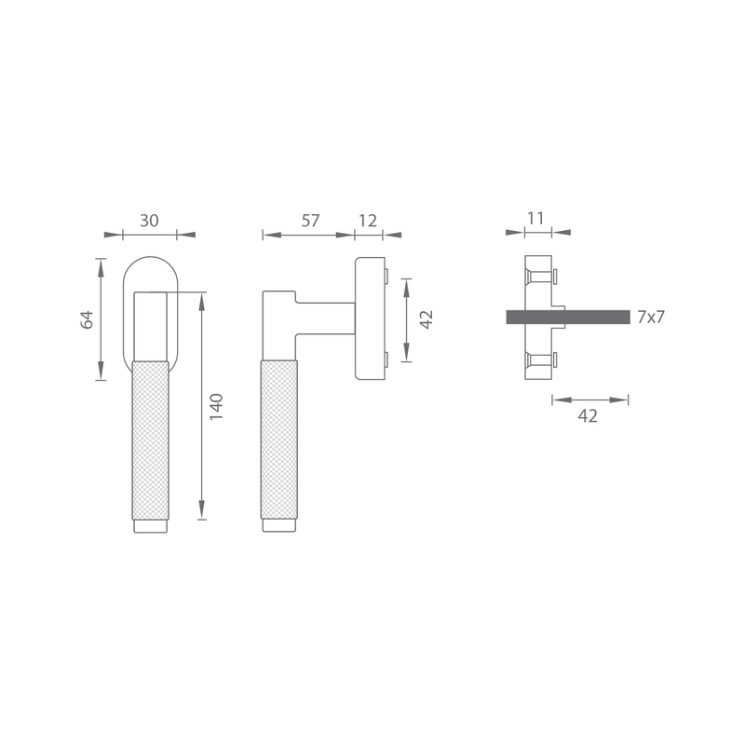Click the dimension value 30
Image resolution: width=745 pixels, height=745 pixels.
tap(149, 221)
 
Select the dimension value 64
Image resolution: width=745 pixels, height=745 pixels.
tap(87, 319)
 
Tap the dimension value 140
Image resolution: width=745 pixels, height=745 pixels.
tap(216, 407)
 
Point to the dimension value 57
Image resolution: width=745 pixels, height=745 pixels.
tap(311, 221)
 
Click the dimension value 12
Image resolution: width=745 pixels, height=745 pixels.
tap(368, 221)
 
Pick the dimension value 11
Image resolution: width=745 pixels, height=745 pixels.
tap(535, 218)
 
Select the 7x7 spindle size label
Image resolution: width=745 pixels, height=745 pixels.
tap(651, 317)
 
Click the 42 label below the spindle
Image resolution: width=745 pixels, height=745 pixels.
tap(588, 416)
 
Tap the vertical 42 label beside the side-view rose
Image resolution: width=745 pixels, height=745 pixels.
tap(427, 319)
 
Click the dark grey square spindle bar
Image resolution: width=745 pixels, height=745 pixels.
tap(568, 317)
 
